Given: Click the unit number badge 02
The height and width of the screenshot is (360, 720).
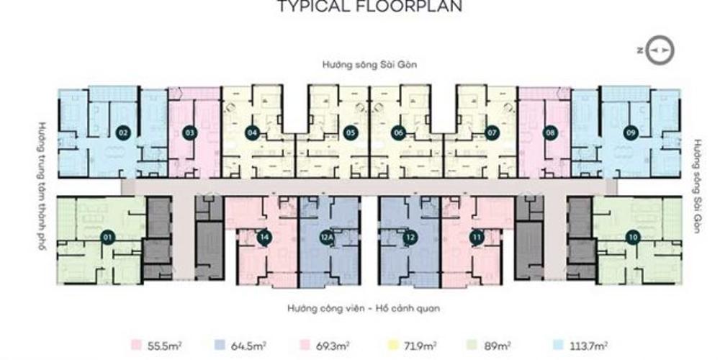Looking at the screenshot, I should coord(123,132).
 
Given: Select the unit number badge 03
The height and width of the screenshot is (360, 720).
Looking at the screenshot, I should coord(190,132).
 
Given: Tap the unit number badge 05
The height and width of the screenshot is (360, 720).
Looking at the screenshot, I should coord(350,132).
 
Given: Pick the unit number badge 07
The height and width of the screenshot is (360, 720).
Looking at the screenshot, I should coord(492,132).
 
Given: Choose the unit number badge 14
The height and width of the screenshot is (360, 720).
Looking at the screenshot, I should coord(265,237).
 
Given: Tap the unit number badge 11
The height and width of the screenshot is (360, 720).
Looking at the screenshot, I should coord(476,237).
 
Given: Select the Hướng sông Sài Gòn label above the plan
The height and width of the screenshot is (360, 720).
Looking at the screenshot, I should coord(370,65).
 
